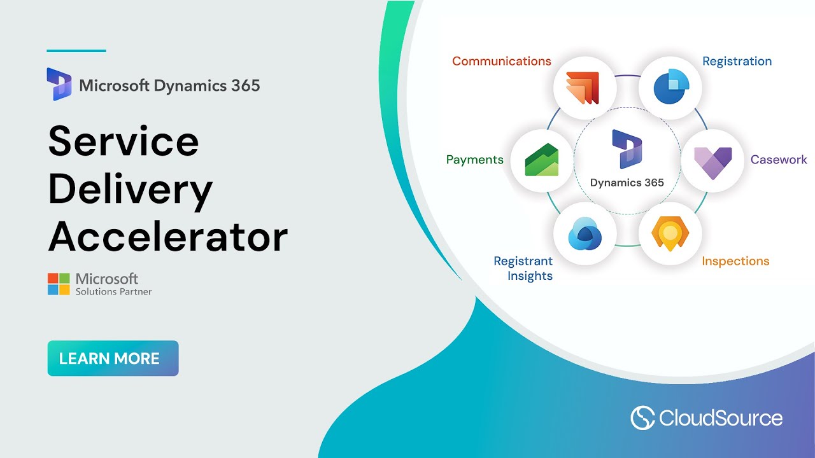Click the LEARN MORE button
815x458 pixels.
[113, 358]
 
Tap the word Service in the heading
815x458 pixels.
[124, 141]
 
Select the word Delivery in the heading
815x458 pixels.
[130, 189]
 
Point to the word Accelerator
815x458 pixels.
[167, 237]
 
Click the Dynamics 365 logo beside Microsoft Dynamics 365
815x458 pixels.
[59, 84]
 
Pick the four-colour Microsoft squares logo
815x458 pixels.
[59, 284]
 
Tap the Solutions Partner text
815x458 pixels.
[113, 292]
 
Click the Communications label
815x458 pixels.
[501, 61]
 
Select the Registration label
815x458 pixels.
[737, 61]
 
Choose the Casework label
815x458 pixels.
[778, 160]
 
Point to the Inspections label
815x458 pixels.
[735, 261]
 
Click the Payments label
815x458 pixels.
[474, 160]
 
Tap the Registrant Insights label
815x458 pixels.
[523, 268]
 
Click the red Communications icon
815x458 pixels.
[585, 88]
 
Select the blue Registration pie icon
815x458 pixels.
[670, 88]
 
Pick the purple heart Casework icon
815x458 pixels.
[712, 162]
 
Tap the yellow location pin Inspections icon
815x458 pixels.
[670, 233]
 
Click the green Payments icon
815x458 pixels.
[541, 160]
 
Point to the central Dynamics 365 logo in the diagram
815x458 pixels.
[627, 149]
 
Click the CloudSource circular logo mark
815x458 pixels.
[642, 418]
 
